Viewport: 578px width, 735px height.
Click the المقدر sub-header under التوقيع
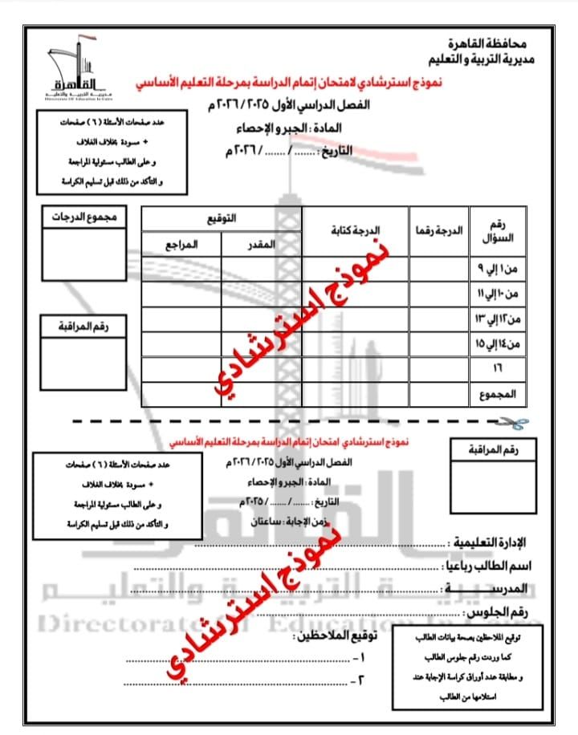pyautogui.click(x=260, y=245)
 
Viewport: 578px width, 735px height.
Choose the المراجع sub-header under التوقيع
pyautogui.click(x=181, y=245)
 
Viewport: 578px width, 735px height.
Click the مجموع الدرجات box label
pyautogui.click(x=85, y=217)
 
